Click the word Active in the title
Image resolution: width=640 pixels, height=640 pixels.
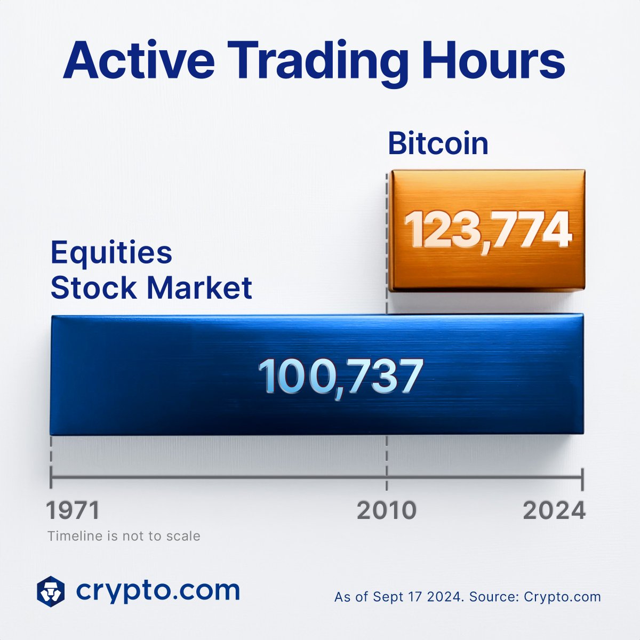[x=139, y=62]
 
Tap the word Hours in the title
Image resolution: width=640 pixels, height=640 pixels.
[x=493, y=62]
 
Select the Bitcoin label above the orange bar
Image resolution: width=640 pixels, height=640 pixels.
[x=438, y=143]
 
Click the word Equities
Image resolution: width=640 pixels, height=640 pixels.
[x=111, y=253]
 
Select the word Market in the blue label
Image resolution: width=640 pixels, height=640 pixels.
[x=199, y=288]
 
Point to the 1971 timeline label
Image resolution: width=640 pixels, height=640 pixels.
[x=73, y=510]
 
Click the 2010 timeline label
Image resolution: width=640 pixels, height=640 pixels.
[x=386, y=510]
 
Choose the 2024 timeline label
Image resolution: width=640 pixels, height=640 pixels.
[x=554, y=510]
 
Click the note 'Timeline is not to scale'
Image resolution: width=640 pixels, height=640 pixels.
[x=124, y=536]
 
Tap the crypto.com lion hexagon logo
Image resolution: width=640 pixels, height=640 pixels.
[x=51, y=591]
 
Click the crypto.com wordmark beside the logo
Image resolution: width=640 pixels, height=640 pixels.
[x=158, y=590]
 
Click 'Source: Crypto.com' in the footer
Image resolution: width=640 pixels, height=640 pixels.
[x=535, y=597]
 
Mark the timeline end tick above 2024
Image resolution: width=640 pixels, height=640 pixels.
[x=582, y=478]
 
